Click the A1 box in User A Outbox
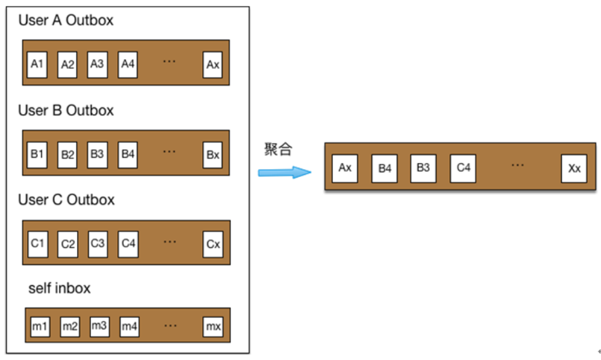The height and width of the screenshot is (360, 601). pyautogui.click(x=37, y=64)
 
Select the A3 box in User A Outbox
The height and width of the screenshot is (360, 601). pyautogui.click(x=97, y=64)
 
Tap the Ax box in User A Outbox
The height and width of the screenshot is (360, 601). pyautogui.click(x=212, y=64)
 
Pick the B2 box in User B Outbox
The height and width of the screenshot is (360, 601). pyautogui.click(x=68, y=154)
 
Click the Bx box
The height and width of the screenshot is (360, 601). pyautogui.click(x=212, y=154)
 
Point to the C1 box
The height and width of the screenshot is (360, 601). pyautogui.click(x=37, y=244)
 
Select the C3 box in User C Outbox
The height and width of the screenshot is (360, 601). pyautogui.click(x=97, y=244)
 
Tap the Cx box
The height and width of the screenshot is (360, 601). pyautogui.click(x=212, y=244)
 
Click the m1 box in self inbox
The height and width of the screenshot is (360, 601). pyautogui.click(x=40, y=326)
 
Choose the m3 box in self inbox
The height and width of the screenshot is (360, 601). pyautogui.click(x=99, y=326)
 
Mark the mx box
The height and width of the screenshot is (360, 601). pyautogui.click(x=213, y=326)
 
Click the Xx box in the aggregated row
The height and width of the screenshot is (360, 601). pyautogui.click(x=574, y=168)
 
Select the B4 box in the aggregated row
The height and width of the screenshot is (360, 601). pyautogui.click(x=385, y=168)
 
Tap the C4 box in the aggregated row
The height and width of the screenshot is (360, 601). pyautogui.click(x=463, y=168)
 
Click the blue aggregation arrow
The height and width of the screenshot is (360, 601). pyautogui.click(x=284, y=172)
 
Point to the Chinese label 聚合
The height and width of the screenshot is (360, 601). pyautogui.click(x=277, y=149)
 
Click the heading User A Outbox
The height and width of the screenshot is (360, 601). pyautogui.click(x=66, y=21)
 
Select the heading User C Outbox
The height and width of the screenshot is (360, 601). pyautogui.click(x=66, y=200)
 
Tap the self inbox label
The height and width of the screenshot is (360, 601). pyautogui.click(x=59, y=288)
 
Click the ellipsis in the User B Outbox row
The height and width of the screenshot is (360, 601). pyautogui.click(x=169, y=152)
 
